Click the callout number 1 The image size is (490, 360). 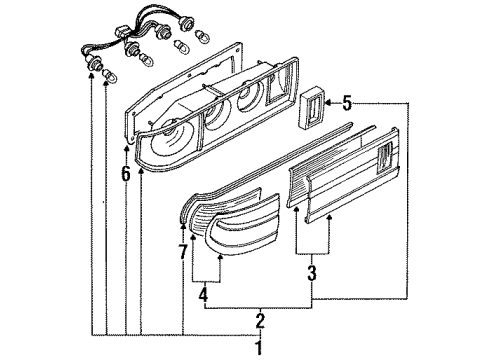(259, 348)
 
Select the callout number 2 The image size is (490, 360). (260, 321)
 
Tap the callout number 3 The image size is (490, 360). (312, 273)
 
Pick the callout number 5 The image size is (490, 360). (347, 103)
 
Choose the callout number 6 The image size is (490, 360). (125, 173)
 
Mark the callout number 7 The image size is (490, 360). (183, 252)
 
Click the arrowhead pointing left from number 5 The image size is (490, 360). (328, 103)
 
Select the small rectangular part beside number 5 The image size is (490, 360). (311, 107)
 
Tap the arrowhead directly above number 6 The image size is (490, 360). (126, 148)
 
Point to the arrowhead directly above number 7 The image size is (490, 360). (183, 226)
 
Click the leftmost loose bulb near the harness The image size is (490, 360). (109, 76)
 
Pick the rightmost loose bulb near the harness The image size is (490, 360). (202, 36)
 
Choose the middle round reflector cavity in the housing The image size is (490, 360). (216, 117)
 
